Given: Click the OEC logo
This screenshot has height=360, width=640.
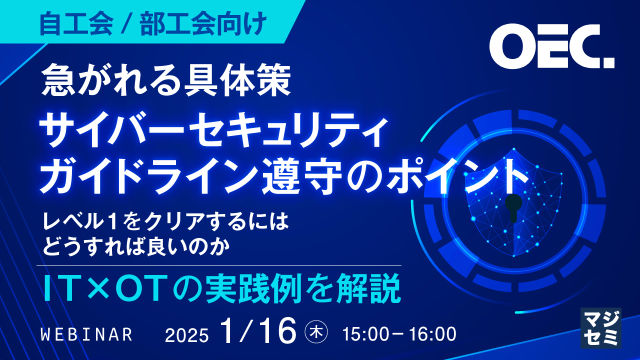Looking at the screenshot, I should (x=551, y=47).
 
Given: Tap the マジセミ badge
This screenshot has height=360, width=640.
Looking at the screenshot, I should (x=600, y=327).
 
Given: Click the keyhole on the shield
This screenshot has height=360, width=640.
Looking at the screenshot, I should (x=513, y=206).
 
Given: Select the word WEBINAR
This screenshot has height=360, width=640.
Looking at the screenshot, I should (x=86, y=334).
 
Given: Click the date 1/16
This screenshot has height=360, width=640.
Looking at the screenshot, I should (x=258, y=331).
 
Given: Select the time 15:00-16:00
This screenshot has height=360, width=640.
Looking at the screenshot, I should (x=399, y=334).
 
